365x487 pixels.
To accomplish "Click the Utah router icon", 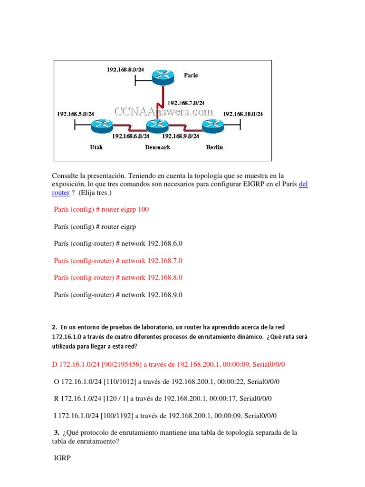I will [101, 126].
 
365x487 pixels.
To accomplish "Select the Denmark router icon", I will [157, 127].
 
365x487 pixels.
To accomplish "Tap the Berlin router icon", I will [213, 126].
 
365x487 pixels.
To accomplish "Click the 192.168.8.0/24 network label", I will [126, 70].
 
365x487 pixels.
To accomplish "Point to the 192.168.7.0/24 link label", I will [186, 102].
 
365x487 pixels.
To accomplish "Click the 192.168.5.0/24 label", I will [75, 114].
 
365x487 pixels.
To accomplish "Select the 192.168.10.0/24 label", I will [243, 114].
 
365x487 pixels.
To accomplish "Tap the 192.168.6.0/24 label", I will [131, 136].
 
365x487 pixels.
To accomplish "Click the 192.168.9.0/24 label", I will [180, 136].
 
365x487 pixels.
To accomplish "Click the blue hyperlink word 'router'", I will [61, 193].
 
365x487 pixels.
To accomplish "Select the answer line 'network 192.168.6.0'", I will [118, 243].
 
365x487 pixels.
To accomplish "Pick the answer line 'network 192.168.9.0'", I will [118, 295].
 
